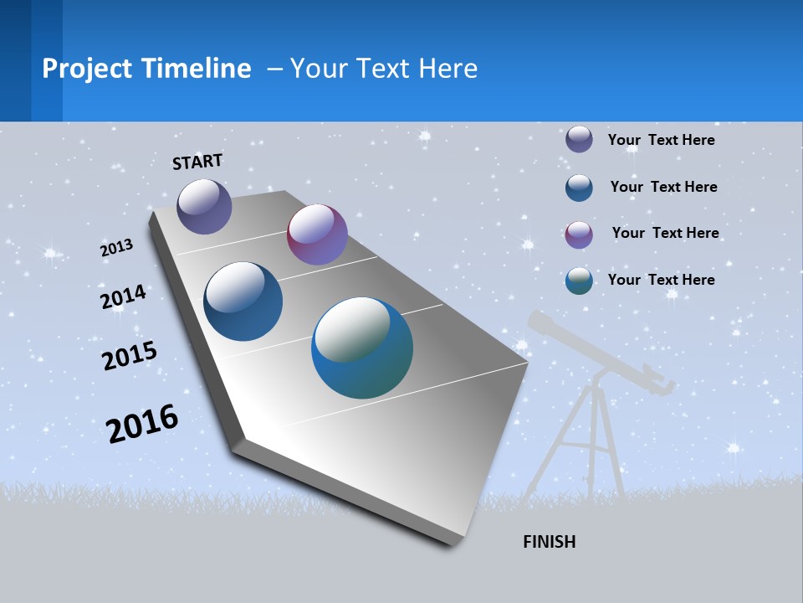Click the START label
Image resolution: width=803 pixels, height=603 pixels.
197,162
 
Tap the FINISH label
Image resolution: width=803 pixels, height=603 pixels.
549,542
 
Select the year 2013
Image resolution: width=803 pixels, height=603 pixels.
117,248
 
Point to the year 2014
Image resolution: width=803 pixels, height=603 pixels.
123,297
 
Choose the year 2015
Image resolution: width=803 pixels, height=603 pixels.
130,356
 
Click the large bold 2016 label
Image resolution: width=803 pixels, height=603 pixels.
142,424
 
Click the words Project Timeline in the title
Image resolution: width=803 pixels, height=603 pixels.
146,69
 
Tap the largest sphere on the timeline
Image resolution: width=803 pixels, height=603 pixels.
362,348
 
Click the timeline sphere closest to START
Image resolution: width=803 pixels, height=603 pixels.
204,206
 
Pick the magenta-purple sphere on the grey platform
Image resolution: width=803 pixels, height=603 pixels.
317,234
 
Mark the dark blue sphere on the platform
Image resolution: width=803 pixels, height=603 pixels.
243,301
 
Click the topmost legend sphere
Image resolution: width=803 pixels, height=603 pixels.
579,139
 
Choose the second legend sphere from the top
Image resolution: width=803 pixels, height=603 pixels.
579,188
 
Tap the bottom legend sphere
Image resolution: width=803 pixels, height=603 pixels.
579,281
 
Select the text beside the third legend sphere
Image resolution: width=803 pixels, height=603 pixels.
665,233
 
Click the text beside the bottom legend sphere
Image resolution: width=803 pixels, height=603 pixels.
661,280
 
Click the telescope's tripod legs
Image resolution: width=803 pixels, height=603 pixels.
586,444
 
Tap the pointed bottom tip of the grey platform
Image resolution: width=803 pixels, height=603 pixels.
452,543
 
